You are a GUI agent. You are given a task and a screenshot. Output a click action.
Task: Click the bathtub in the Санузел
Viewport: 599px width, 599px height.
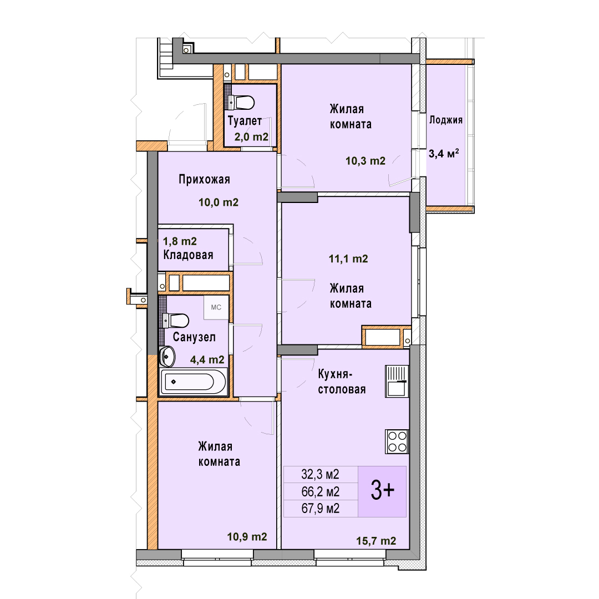[194, 381]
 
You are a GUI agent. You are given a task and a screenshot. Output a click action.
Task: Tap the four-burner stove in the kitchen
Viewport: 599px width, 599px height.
[397, 441]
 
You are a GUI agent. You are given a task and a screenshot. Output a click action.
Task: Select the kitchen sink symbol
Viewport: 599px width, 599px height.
[397, 381]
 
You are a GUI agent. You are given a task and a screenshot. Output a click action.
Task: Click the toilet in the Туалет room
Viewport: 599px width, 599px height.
[241, 103]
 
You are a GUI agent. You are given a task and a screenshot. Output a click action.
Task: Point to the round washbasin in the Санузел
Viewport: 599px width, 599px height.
[167, 357]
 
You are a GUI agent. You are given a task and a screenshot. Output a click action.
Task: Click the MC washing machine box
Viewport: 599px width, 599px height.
[216, 307]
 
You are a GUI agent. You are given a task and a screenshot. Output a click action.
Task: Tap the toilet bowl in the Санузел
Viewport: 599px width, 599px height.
[176, 321]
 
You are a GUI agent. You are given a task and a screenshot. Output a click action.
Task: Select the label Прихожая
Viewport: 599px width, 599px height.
[204, 179]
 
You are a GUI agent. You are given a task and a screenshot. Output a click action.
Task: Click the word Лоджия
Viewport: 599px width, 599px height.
[446, 120]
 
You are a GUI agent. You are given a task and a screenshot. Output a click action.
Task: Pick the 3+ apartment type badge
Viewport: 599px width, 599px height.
[382, 491]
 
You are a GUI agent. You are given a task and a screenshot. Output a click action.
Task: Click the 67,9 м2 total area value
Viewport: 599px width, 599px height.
[320, 509]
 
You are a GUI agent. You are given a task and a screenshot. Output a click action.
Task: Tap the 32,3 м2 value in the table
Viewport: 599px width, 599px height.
[320, 474]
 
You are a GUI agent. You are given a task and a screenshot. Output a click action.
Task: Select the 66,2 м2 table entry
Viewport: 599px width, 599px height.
[320, 491]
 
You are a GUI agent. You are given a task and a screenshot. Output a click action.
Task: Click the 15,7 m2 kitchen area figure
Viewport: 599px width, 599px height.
[376, 541]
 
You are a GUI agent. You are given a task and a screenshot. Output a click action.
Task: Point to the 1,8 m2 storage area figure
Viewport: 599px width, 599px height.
[180, 241]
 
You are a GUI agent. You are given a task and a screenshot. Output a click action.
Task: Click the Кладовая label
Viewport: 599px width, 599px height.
[189, 255]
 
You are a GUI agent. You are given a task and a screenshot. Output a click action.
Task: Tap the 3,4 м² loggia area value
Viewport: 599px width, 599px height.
[444, 154]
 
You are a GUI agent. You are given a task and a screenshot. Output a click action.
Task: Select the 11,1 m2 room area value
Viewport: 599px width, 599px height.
[348, 259]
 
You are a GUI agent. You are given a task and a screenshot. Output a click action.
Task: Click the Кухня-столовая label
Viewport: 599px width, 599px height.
[342, 382]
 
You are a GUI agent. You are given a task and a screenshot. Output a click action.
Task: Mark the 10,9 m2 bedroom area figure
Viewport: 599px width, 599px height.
[247, 537]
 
